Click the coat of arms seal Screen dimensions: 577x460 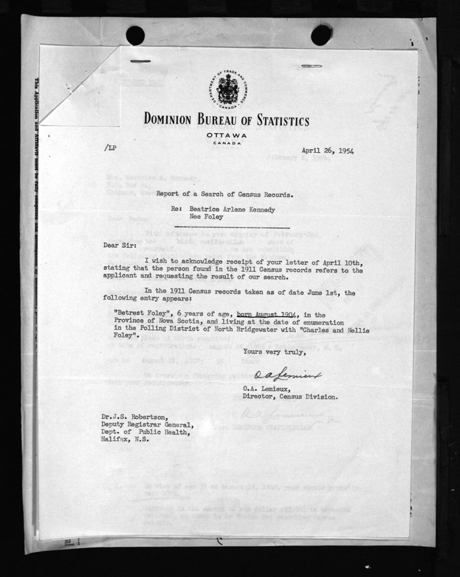[228, 90]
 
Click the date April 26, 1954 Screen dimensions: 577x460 [328, 150]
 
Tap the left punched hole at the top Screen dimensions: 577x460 [135, 35]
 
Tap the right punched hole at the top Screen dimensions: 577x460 [321, 35]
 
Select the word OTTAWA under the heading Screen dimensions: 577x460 [226, 136]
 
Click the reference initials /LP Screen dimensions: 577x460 [110, 148]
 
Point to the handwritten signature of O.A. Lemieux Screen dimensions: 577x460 [287, 375]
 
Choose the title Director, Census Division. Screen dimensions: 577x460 [290, 396]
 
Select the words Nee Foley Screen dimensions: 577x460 [206, 216]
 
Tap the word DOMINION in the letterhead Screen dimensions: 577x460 [169, 119]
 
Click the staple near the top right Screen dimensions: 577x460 [311, 66]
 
